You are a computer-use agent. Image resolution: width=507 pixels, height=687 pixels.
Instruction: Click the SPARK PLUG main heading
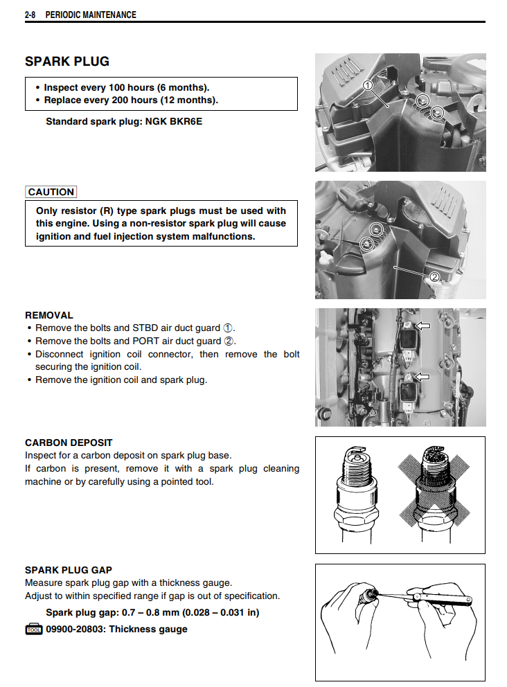[x=67, y=62]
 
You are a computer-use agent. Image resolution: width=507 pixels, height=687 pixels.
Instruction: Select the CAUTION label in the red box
[x=51, y=192]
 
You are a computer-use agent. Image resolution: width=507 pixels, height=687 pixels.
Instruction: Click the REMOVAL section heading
[x=48, y=315]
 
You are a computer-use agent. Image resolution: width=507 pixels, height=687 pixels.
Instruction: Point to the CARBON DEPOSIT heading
[x=69, y=443]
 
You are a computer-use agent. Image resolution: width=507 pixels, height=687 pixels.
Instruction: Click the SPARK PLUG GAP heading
[x=69, y=570]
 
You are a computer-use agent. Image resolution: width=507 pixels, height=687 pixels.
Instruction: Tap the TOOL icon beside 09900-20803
[x=33, y=630]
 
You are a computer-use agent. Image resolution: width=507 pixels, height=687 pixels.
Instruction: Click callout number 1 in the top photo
[x=368, y=85]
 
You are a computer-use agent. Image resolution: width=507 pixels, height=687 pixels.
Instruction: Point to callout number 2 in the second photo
[x=435, y=276]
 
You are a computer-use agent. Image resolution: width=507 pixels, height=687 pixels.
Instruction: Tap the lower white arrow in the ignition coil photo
[x=421, y=376]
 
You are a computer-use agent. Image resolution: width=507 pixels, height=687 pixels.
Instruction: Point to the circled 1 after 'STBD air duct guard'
[x=227, y=328]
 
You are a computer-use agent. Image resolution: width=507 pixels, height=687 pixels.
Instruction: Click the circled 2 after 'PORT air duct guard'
[x=229, y=341]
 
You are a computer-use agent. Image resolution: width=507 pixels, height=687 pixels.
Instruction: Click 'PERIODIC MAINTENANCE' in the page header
[x=91, y=15]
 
